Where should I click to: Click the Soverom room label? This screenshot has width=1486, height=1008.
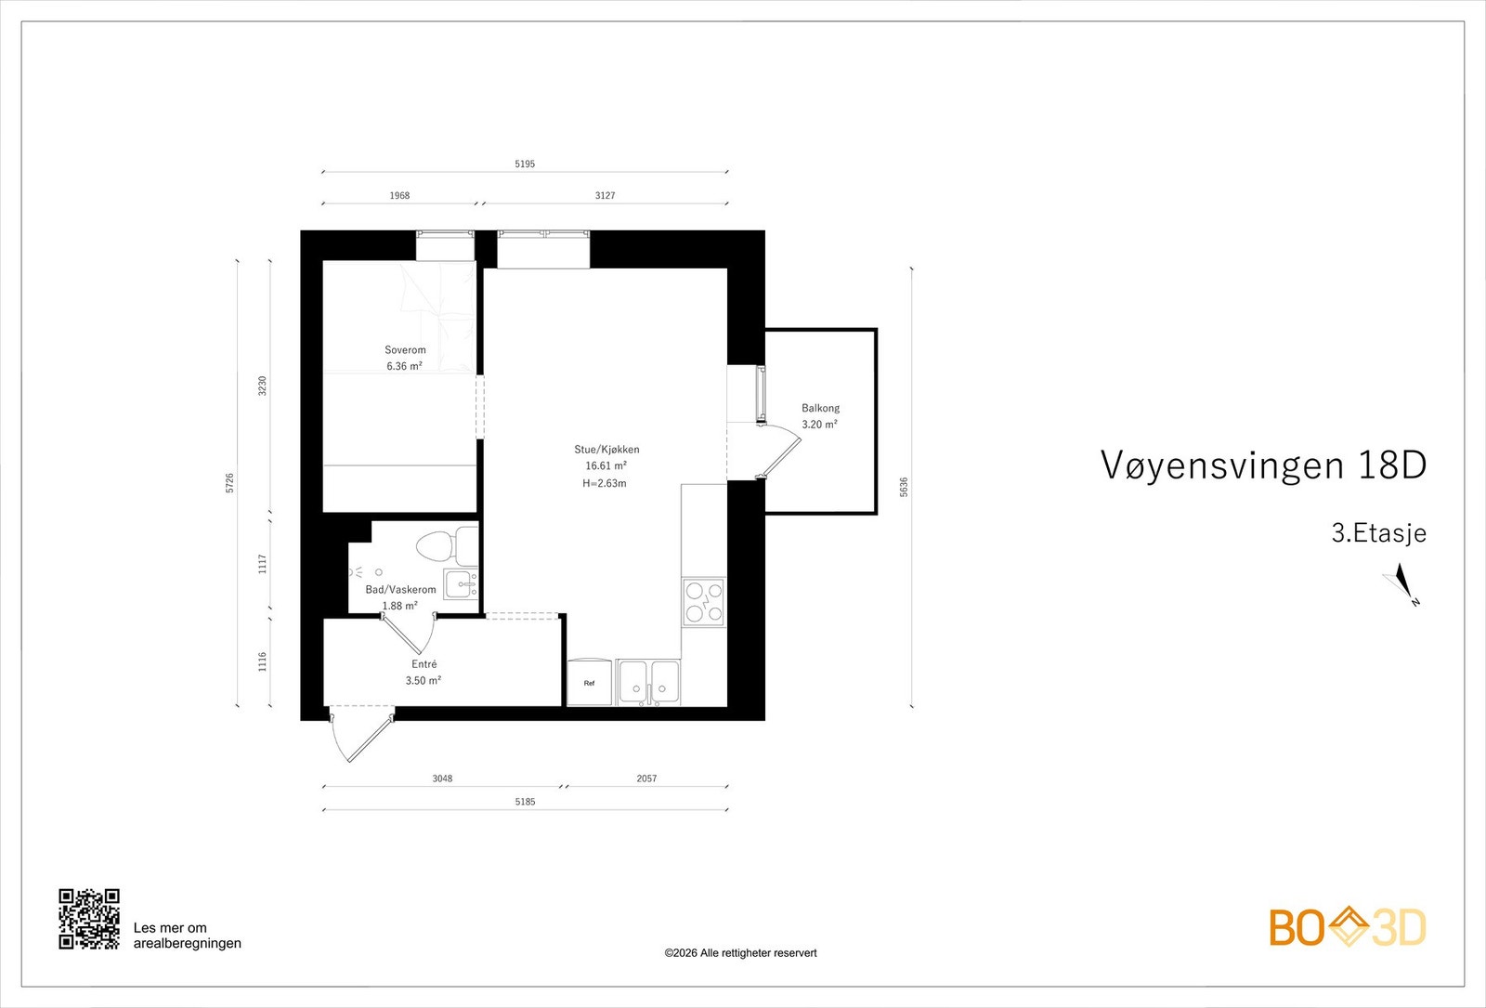pos(405,350)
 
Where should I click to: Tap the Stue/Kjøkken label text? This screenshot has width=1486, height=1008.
pos(606,450)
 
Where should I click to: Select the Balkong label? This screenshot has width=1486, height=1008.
pos(820,408)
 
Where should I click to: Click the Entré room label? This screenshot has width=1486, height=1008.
pos(424,664)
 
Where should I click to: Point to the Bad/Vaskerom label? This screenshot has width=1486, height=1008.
pos(400,590)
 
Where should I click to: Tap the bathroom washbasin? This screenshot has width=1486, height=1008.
pos(460,583)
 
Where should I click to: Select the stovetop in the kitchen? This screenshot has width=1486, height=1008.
pos(703,601)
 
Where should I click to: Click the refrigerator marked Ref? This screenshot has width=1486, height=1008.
pos(590,683)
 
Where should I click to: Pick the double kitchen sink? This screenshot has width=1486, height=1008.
pos(649,682)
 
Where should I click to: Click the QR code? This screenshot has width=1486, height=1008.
pos(89,919)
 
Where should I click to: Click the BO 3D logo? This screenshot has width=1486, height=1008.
pos(1347,927)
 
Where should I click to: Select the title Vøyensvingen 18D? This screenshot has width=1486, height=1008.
pos(1262,465)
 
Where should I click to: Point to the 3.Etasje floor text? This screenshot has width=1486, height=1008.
pos(1378,533)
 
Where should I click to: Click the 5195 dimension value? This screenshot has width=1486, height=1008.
pos(525,164)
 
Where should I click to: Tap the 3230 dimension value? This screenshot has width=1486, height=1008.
pos(262,386)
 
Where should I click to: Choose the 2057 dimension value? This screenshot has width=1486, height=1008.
pos(646,779)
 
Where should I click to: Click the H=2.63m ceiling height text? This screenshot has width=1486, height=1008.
pos(605,483)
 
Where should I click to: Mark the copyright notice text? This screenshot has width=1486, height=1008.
pos(740,952)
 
